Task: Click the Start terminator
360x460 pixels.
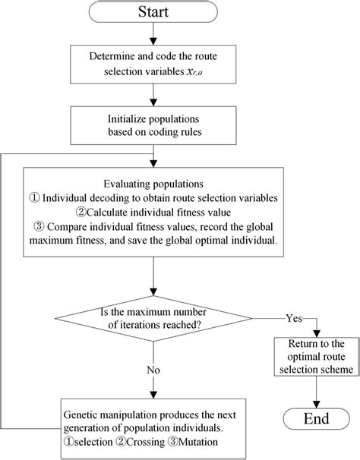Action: click(x=153, y=11)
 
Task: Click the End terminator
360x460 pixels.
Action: click(x=316, y=419)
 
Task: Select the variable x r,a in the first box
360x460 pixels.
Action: click(x=194, y=72)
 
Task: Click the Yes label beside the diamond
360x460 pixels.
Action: click(x=294, y=318)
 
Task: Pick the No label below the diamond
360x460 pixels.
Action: click(x=153, y=370)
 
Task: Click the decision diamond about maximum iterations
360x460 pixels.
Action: click(x=153, y=318)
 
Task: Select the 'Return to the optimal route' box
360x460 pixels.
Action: click(x=316, y=357)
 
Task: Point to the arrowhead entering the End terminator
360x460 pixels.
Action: click(x=316, y=405)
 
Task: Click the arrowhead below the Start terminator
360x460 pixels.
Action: click(x=153, y=41)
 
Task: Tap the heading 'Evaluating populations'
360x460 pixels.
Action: click(x=153, y=184)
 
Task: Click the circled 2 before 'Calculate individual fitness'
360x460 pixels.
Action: click(x=81, y=212)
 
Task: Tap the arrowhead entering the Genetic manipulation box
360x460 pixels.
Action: click(x=153, y=395)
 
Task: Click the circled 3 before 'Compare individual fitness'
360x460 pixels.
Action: click(x=39, y=227)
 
